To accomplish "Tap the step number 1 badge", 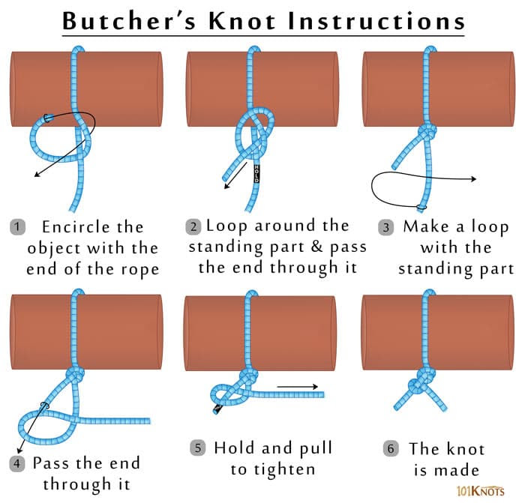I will pos(17,226).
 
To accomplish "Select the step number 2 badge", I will pos(194,226).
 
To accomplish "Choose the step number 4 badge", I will pos(17,463).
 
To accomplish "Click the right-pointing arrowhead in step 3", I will pos(474,178).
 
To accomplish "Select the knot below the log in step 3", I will pos(427,133).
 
